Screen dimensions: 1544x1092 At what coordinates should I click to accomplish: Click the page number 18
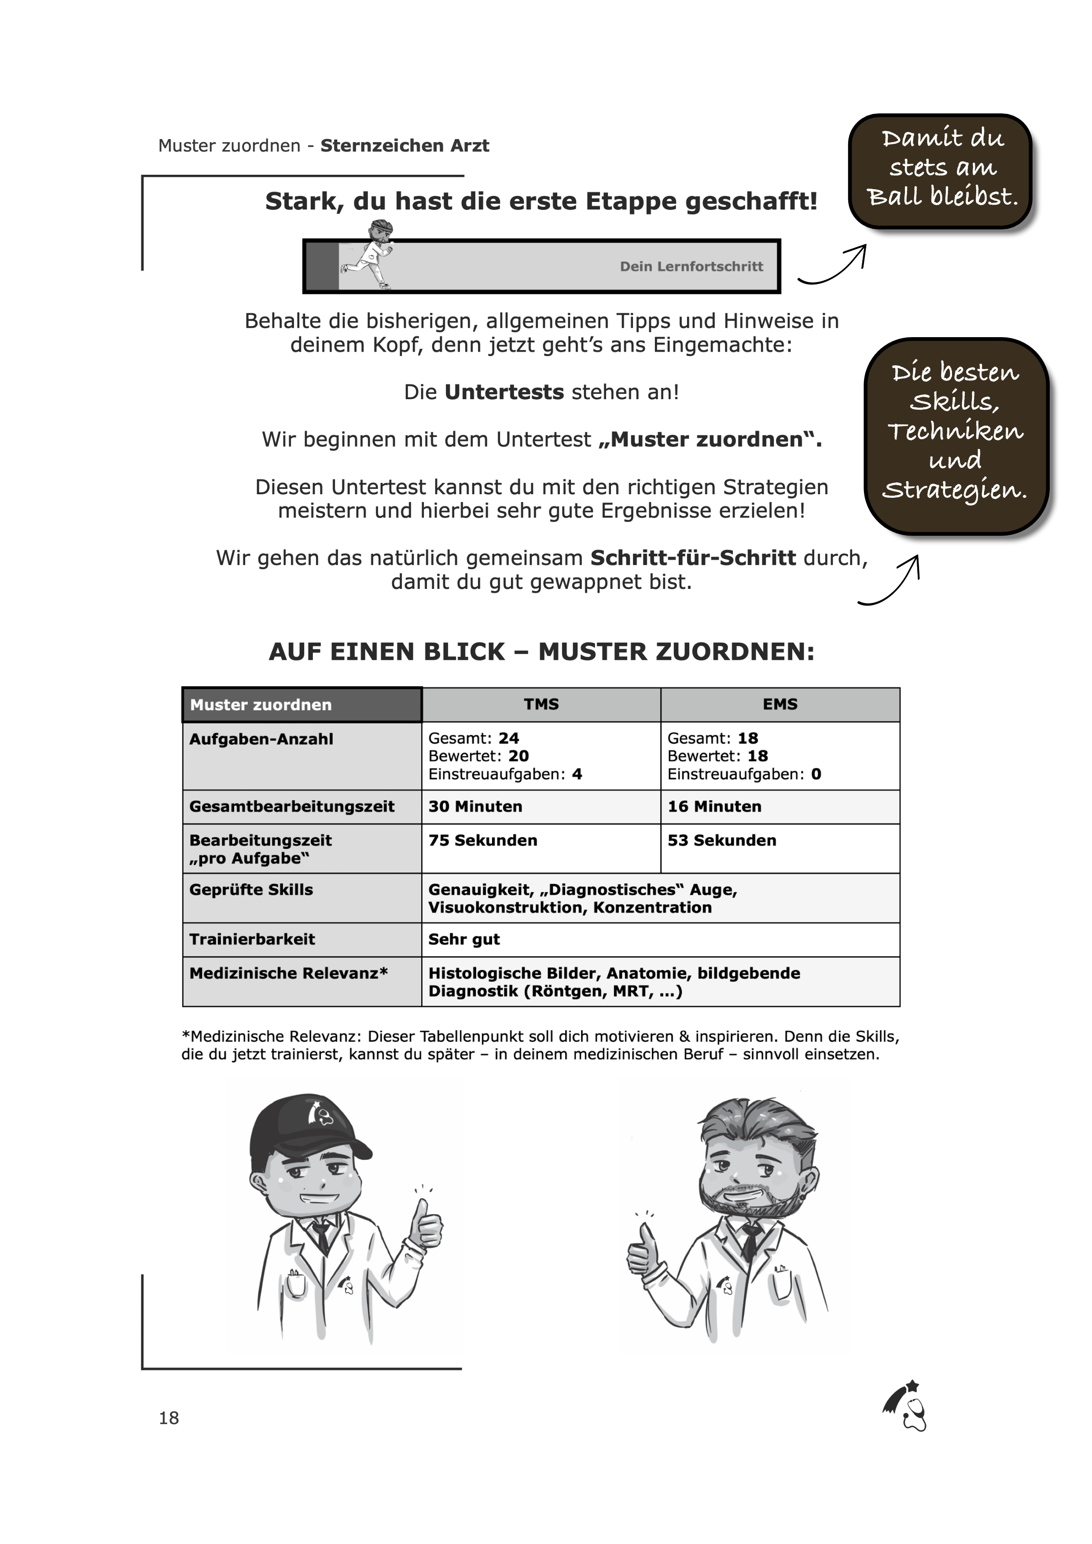169,1418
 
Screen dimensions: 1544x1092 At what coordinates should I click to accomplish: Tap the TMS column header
541,704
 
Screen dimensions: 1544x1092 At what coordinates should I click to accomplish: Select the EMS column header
780,704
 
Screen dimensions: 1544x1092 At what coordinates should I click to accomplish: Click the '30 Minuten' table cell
475,806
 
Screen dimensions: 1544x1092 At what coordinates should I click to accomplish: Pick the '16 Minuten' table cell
714,806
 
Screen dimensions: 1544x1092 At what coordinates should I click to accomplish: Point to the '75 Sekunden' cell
483,841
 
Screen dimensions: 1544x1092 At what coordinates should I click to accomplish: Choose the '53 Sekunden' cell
721,841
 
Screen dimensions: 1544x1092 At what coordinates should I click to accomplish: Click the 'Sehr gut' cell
464,939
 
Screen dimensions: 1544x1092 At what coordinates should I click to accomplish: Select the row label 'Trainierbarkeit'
252,939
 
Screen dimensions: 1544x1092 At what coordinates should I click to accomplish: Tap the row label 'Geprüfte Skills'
251,890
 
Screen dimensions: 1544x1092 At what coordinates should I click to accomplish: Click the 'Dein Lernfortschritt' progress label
691,266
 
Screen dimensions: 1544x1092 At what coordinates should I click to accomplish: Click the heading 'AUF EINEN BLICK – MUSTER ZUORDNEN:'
541,652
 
